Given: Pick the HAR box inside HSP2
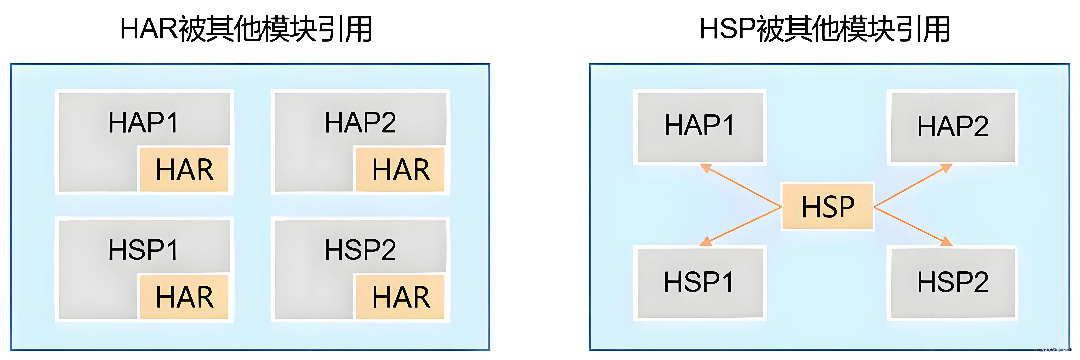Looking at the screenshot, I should pos(400,297).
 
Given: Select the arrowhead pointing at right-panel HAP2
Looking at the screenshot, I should pos(947,168).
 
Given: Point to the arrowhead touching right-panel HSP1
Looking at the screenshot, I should pos(706,242).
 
